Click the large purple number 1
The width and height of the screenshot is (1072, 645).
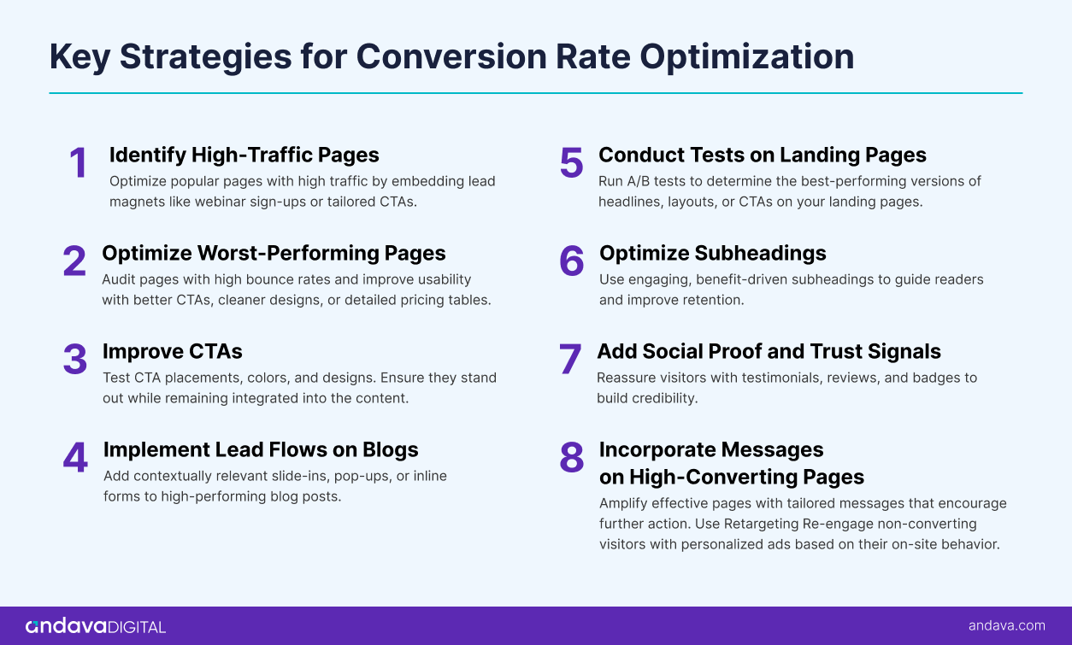pyautogui.click(x=79, y=163)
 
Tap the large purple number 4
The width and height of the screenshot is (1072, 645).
pyautogui.click(x=75, y=458)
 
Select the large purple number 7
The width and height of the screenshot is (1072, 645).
pyautogui.click(x=570, y=360)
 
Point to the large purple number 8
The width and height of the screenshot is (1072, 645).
pyautogui.click(x=572, y=458)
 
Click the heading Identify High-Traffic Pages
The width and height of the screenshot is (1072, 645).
pyautogui.click(x=244, y=155)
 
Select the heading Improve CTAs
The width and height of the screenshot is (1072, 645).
pyautogui.click(x=172, y=351)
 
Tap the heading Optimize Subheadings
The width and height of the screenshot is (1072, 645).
pyautogui.click(x=712, y=253)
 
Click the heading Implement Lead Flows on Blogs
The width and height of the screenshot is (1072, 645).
pyautogui.click(x=261, y=449)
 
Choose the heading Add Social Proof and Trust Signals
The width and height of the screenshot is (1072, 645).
pyautogui.click(x=769, y=351)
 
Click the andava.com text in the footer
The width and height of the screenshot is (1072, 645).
pyautogui.click(x=1006, y=625)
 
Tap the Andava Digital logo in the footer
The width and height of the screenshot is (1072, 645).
pyautogui.click(x=96, y=626)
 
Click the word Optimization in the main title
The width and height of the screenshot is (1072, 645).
pyautogui.click(x=748, y=56)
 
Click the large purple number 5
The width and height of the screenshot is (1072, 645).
pyautogui.click(x=571, y=163)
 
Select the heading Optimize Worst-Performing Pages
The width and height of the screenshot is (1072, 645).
pyautogui.click(x=274, y=253)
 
